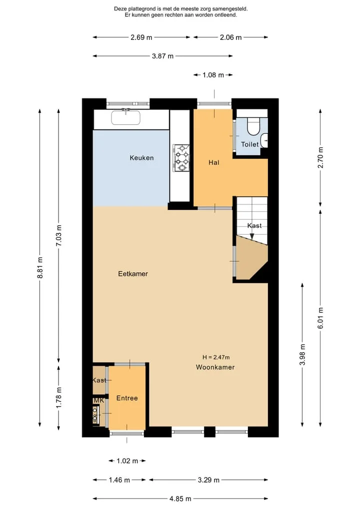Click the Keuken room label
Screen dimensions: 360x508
(x=141, y=158)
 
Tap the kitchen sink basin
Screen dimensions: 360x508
(x=126, y=117)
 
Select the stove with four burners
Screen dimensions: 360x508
(x=181, y=157)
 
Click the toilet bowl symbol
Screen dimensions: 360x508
(x=253, y=126)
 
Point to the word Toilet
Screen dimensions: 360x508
(x=249, y=144)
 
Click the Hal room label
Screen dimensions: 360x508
(x=213, y=162)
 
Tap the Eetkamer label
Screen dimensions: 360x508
(x=133, y=274)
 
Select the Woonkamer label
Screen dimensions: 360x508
(x=215, y=367)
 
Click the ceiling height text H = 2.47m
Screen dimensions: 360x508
(x=216, y=357)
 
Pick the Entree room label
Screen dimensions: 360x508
(x=127, y=398)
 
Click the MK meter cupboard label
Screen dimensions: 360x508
(x=99, y=401)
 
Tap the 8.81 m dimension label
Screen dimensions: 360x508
(x=40, y=268)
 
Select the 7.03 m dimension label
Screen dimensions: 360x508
(x=58, y=235)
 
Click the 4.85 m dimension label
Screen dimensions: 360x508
(x=180, y=499)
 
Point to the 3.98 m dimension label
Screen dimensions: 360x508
(x=302, y=355)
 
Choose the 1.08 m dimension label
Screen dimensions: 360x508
(x=213, y=75)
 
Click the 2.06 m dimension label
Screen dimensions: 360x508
(x=230, y=37)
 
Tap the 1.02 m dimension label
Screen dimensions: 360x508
(x=127, y=461)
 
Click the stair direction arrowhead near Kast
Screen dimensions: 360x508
(x=252, y=236)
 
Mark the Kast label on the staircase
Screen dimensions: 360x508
(x=254, y=225)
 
